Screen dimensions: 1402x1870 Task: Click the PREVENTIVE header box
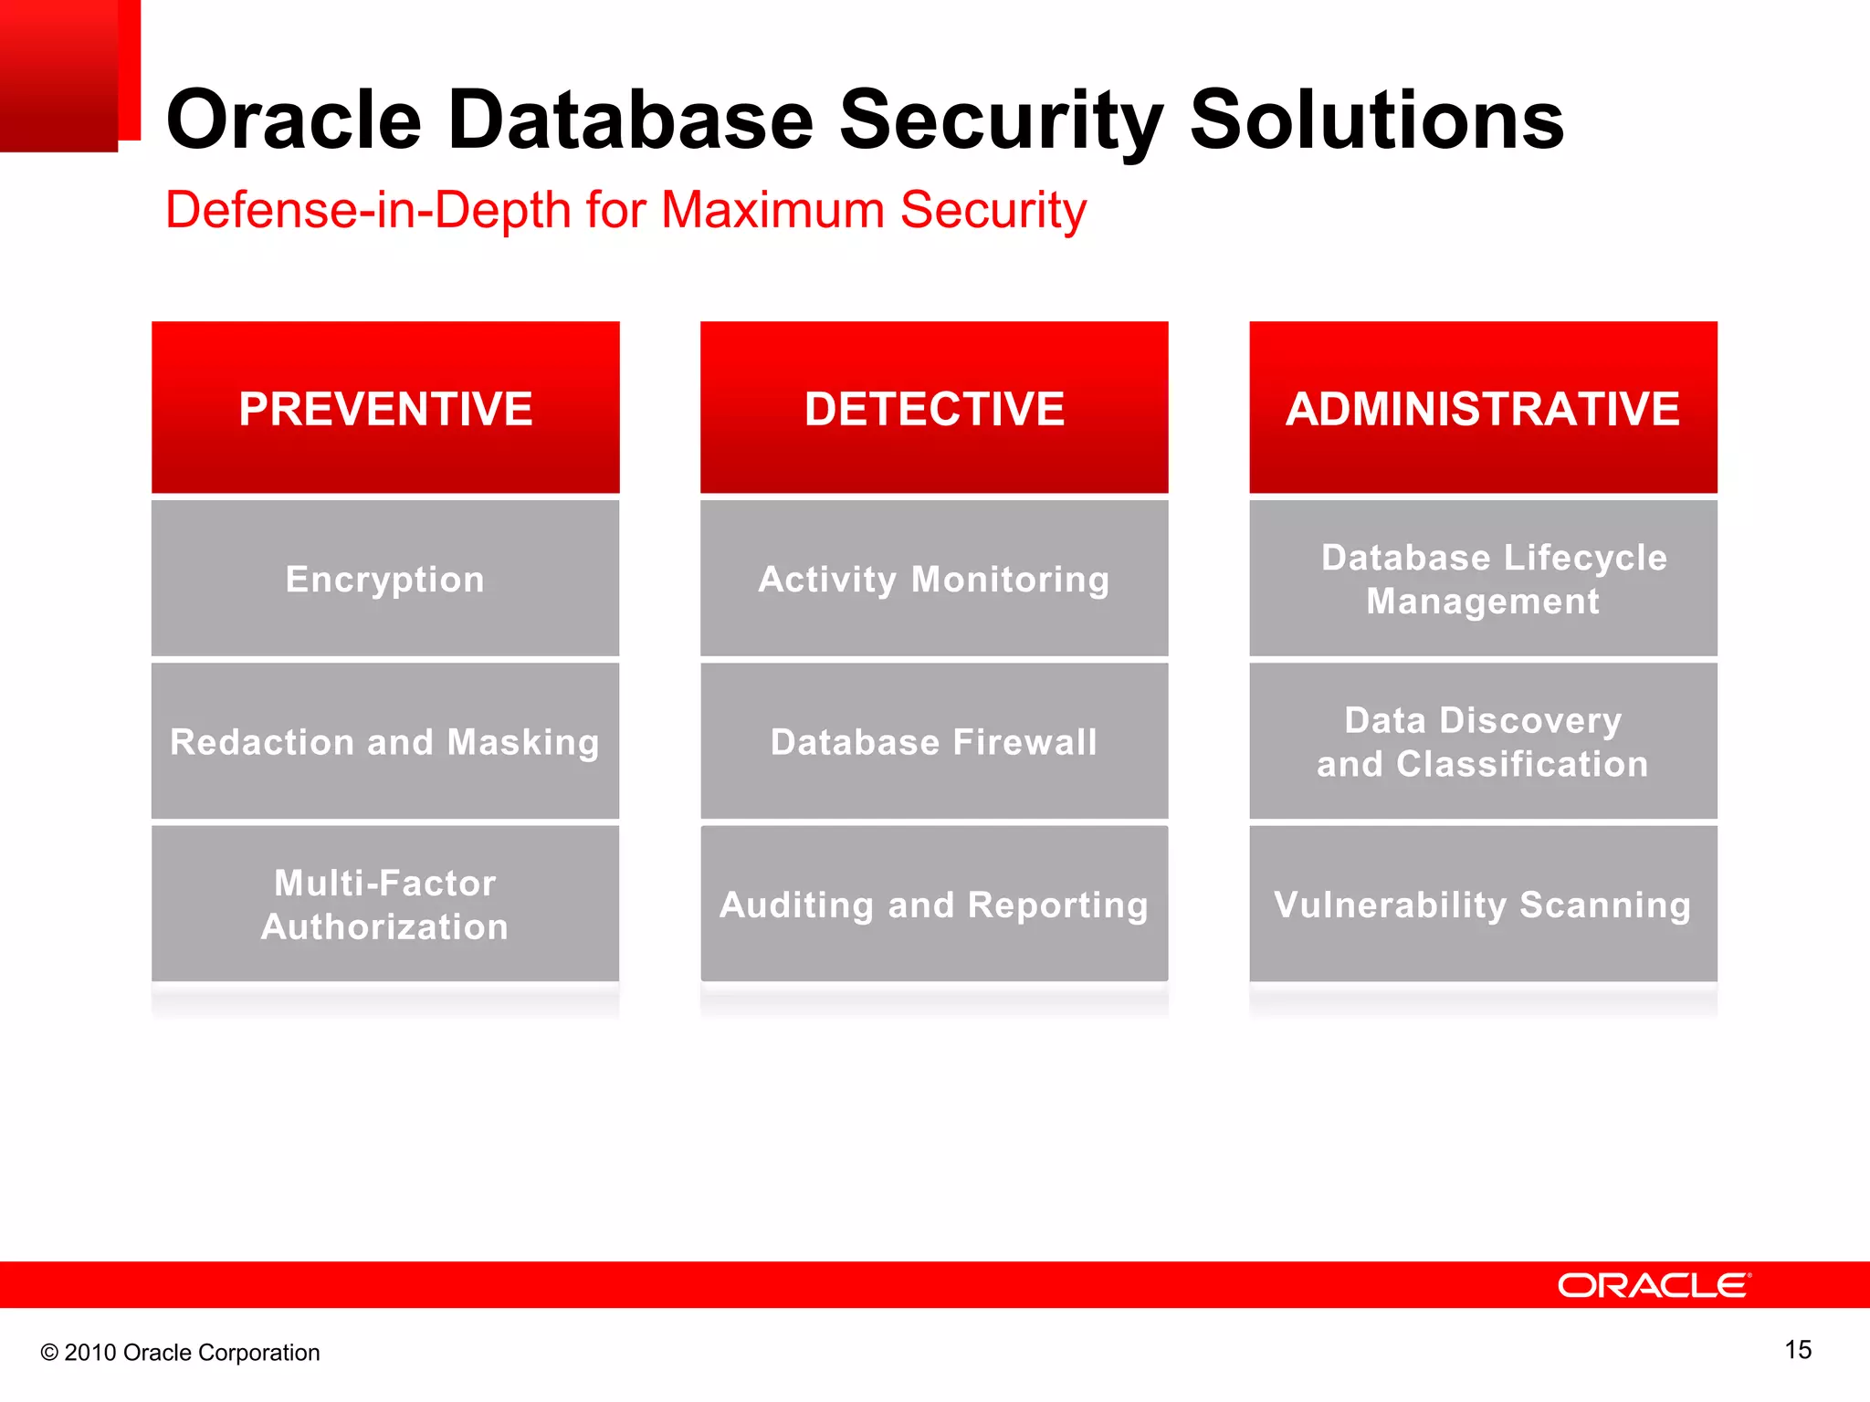pos(385,407)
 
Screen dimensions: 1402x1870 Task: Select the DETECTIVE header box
pos(934,407)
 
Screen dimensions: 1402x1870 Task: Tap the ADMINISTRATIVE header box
pos(1483,407)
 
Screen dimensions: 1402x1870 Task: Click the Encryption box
pos(385,579)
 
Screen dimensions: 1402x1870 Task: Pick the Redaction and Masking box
pos(385,741)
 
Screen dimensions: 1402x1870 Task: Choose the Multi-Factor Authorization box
pos(385,904)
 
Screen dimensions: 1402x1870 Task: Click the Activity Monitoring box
pos(934,579)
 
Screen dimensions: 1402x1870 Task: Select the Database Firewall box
pos(934,741)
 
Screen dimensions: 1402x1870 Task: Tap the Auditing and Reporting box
pos(934,904)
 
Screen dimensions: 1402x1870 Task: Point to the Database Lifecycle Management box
pos(1483,579)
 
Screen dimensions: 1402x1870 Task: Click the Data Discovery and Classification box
pos(1483,741)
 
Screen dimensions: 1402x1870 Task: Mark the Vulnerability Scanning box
pos(1483,904)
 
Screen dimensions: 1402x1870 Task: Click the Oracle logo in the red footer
pos(1654,1285)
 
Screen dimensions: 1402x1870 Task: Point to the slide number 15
pos(1798,1350)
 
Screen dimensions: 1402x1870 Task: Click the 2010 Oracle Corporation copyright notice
pos(180,1353)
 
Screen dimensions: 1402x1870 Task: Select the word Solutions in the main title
pos(1377,120)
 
